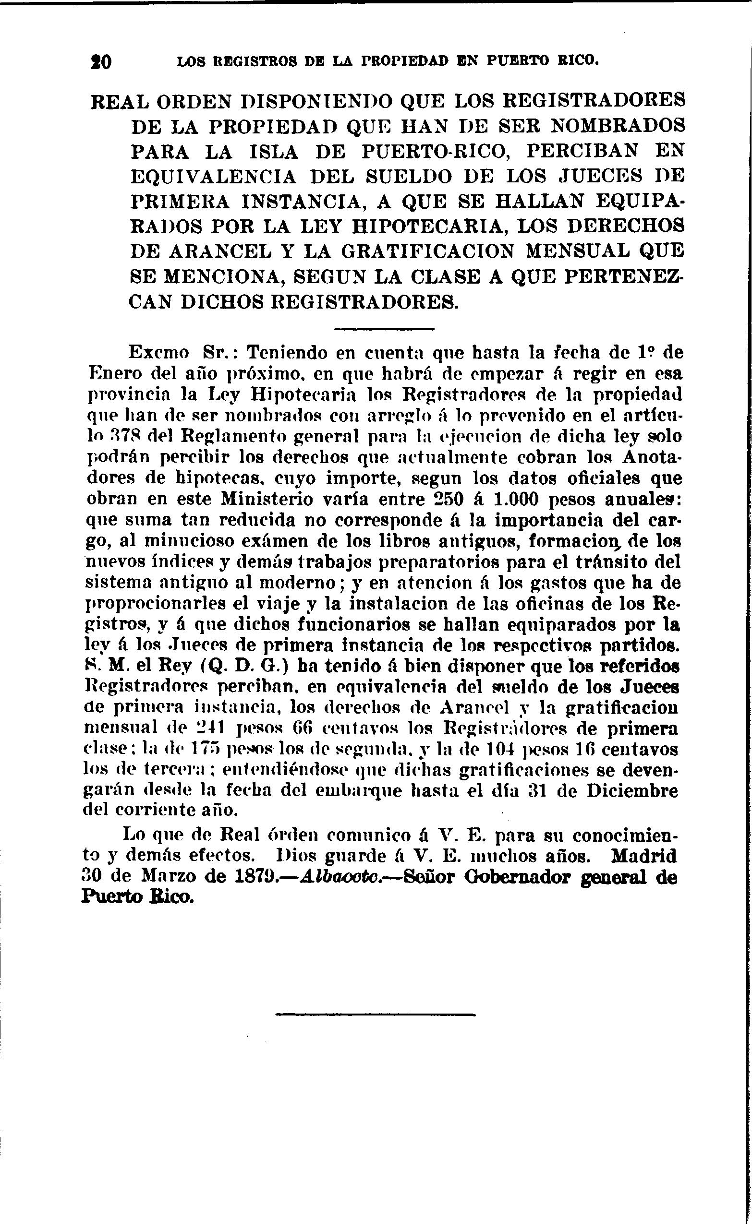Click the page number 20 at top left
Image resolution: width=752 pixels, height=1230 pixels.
101,62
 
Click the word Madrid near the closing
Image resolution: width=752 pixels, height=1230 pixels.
643,856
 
